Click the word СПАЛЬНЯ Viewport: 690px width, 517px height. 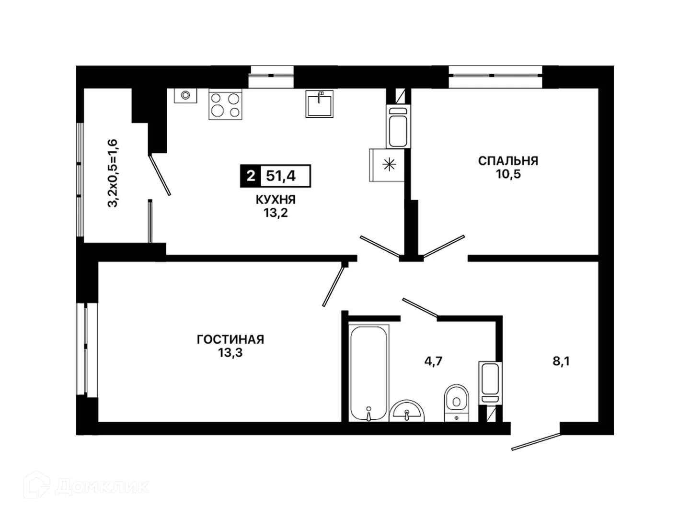point(508,161)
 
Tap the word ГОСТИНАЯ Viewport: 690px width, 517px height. point(230,340)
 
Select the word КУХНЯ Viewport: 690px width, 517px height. point(276,200)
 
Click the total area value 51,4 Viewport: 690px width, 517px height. point(281,176)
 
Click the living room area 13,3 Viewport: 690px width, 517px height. point(230,353)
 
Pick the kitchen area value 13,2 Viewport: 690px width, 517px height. point(276,213)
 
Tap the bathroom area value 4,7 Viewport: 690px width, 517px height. point(433,361)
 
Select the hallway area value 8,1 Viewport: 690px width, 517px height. point(561,361)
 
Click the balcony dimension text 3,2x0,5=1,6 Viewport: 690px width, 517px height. point(112,173)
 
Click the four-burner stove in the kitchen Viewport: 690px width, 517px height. point(225,104)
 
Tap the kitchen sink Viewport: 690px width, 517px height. point(320,104)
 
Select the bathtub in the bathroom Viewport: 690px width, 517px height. point(369,373)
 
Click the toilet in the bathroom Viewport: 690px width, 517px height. point(457,403)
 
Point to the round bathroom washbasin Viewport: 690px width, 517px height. point(407,411)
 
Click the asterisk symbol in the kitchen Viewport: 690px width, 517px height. point(389,165)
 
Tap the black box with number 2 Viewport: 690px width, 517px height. point(251,176)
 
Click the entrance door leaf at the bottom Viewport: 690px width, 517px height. point(536,442)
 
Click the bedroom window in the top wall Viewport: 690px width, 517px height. point(495,76)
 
